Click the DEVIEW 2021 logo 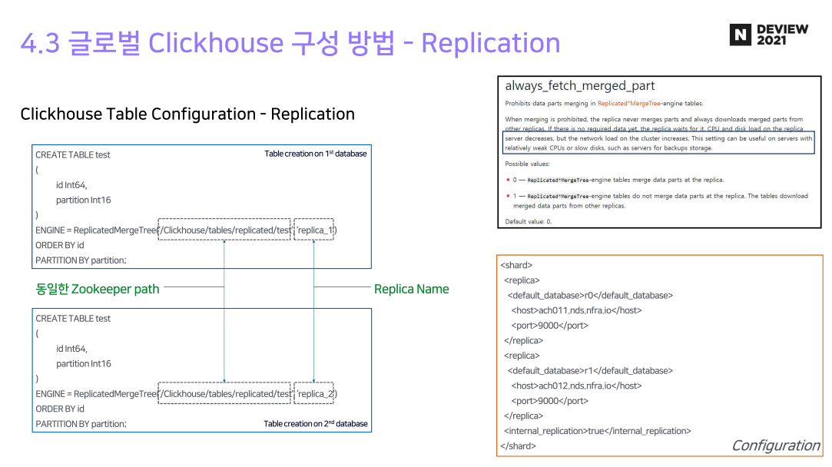(x=769, y=35)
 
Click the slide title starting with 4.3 (x=290, y=43)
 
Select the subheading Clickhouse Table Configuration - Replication (x=187, y=114)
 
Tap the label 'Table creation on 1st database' (x=316, y=154)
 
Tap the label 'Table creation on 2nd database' (x=316, y=423)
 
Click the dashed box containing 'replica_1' (x=314, y=230)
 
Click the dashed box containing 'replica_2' (x=314, y=393)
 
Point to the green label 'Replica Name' (x=411, y=289)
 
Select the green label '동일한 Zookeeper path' (x=98, y=289)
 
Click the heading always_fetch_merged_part (x=580, y=86)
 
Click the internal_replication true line (x=597, y=431)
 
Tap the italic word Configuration (x=775, y=445)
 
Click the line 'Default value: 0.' (x=529, y=221)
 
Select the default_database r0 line (x=590, y=295)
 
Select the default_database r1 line (x=590, y=370)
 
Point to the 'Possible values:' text (x=527, y=164)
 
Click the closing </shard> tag (x=518, y=445)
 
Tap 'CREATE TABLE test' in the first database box (x=73, y=154)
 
